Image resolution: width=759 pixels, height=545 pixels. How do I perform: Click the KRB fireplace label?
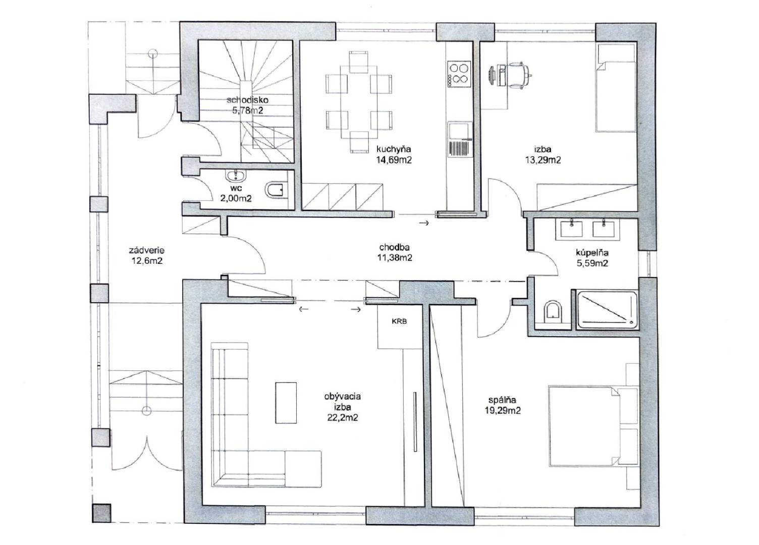(399, 321)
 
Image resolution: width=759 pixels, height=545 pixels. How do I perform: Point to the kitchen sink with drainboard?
(459, 140)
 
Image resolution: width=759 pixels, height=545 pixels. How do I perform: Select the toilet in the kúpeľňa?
(553, 311)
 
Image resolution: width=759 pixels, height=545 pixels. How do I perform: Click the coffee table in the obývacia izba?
(286, 403)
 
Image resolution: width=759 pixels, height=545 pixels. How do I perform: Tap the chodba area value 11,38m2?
(395, 258)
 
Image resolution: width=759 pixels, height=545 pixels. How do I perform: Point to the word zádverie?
(147, 250)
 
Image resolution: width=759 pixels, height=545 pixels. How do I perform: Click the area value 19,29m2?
(503, 411)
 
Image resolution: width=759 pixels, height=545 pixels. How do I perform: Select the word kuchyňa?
(394, 149)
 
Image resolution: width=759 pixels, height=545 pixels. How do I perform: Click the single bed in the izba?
(616, 87)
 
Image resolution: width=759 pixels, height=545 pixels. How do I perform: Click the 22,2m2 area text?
(343, 418)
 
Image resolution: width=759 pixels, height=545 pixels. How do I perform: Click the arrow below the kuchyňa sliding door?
(424, 223)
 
